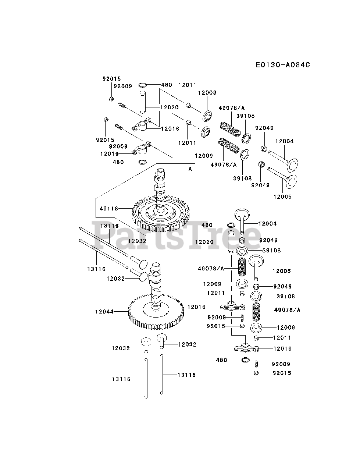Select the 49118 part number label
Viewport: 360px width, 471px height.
tap(109, 208)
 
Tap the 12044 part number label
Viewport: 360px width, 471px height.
tap(104, 311)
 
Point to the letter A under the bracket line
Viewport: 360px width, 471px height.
tap(190, 169)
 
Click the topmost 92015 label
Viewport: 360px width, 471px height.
tap(111, 79)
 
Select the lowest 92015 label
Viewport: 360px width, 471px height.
tap(282, 373)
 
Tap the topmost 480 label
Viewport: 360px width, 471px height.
tap(167, 85)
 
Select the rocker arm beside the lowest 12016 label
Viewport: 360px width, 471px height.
tap(246, 347)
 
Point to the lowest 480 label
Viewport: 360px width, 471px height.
tap(221, 360)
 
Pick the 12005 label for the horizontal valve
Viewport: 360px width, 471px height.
tap(282, 197)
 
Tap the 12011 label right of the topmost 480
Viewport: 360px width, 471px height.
tap(188, 85)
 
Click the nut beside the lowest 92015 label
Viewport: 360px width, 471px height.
tap(256, 373)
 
